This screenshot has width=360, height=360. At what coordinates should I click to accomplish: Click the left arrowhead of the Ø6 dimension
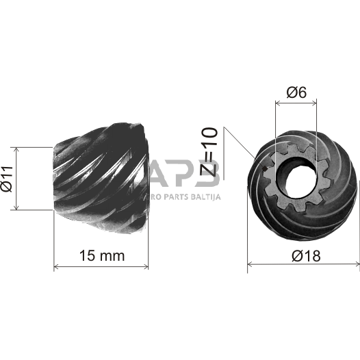277,103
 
